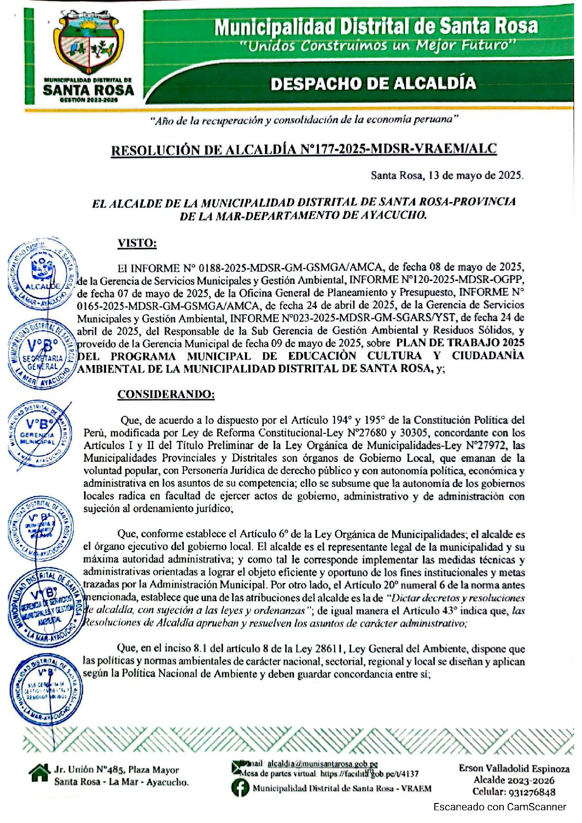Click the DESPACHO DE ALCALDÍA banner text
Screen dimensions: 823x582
tap(373, 83)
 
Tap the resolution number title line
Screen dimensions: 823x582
tap(304, 150)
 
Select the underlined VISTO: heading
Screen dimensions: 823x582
tap(137, 243)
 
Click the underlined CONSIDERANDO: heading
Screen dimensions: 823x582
tap(166, 394)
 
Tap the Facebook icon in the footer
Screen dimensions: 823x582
tap(240, 788)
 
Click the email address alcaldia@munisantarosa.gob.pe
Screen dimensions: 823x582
tap(323, 764)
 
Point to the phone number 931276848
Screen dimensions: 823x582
tap(533, 792)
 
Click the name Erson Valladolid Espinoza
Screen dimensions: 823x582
tap(514, 769)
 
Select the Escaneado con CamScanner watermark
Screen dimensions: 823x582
tap(499, 807)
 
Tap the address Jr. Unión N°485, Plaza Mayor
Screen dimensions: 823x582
tap(116, 770)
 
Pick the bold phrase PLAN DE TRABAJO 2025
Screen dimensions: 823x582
tap(460, 343)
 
